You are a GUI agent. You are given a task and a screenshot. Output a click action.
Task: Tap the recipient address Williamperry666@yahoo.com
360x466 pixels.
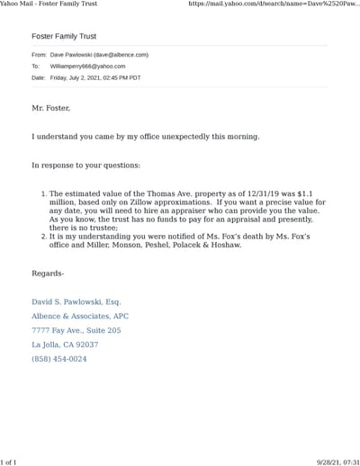[88, 67]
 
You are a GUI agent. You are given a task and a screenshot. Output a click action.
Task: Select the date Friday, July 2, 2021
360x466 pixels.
[81, 78]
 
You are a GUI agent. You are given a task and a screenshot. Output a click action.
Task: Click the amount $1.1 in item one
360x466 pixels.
[314, 193]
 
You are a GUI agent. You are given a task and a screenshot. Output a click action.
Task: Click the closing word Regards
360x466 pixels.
[48, 273]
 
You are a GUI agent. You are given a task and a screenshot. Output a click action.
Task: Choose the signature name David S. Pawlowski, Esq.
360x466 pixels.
[76, 302]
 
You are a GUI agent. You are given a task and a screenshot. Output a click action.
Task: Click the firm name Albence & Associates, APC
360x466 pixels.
[80, 317]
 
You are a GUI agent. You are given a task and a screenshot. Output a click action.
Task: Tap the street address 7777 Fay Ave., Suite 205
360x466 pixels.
[76, 330]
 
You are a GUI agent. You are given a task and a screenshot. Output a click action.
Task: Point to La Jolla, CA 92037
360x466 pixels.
[65, 345]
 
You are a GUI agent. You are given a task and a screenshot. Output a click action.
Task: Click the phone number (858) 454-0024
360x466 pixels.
[59, 359]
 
